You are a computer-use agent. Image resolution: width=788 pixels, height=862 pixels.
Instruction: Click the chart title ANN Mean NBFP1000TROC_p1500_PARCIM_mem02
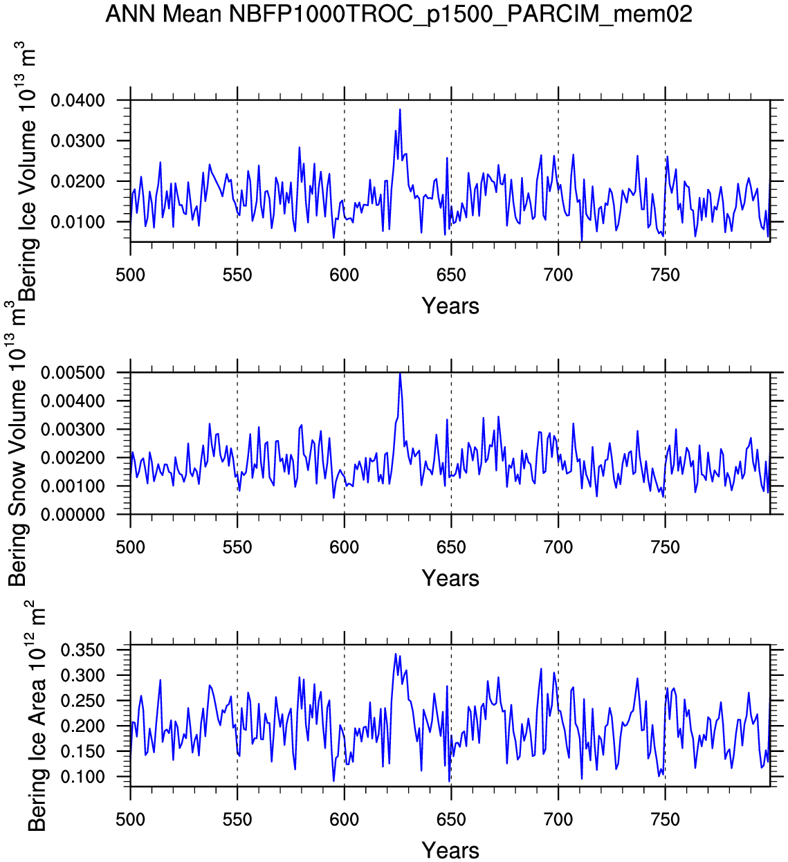pos(398,14)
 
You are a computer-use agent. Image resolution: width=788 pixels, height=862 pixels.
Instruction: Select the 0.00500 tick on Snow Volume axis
pos(83,373)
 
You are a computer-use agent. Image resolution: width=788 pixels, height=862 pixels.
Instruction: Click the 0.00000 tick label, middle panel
pos(83,515)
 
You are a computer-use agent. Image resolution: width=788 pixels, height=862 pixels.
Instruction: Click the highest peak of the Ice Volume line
pos(400,109)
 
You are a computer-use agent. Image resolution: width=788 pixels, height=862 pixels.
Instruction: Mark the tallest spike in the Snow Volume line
pos(400,374)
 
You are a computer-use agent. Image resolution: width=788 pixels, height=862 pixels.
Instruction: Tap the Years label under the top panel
pos(450,306)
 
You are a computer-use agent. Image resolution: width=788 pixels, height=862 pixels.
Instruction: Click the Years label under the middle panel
pos(450,578)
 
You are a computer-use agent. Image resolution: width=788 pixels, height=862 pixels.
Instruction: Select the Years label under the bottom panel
pos(450,850)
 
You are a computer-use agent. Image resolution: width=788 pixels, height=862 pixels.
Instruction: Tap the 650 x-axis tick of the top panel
pos(451,275)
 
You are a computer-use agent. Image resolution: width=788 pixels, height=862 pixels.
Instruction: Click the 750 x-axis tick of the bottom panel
pos(666,820)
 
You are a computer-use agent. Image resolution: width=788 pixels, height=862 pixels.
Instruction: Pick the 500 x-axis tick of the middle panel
pos(130,548)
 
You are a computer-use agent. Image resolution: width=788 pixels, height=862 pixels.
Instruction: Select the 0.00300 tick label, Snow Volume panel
pos(83,430)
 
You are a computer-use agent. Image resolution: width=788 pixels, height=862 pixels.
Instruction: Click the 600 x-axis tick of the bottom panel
pos(344,820)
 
